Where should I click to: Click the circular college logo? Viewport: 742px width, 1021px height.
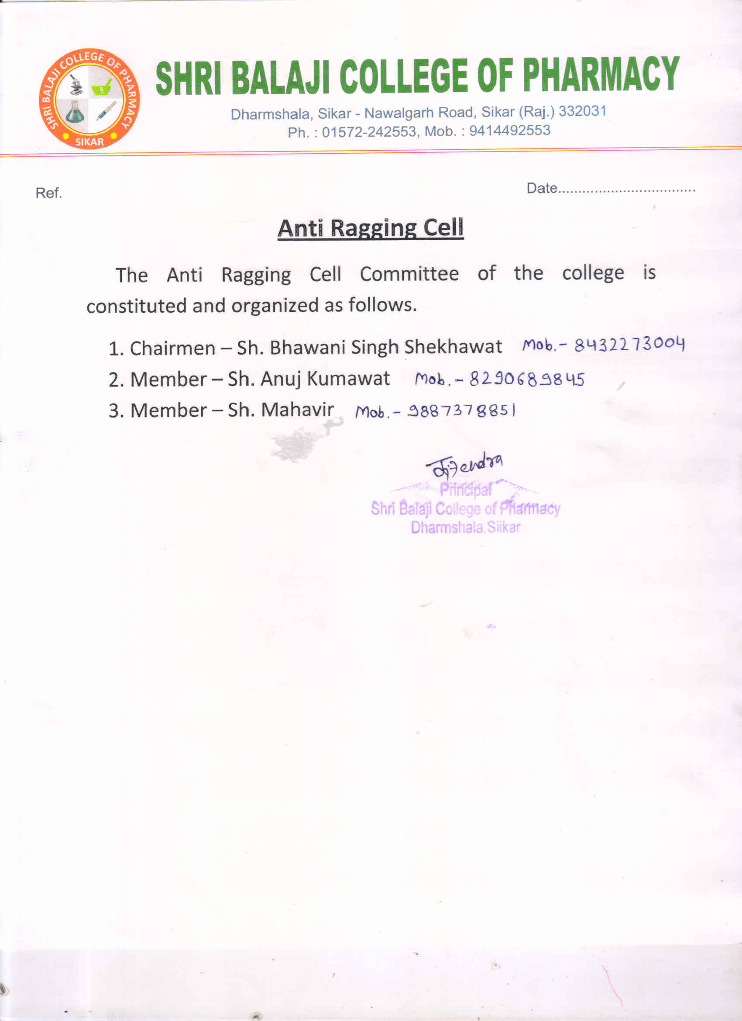pyautogui.click(x=89, y=99)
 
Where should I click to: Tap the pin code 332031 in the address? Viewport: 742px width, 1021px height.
pyautogui.click(x=582, y=111)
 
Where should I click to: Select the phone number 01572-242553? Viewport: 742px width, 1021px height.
pyautogui.click(x=369, y=131)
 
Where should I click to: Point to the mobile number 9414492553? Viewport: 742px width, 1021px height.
pyautogui.click(x=509, y=130)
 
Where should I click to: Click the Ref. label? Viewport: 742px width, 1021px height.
pyautogui.click(x=48, y=193)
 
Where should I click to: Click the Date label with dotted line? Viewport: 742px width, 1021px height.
pyautogui.click(x=611, y=188)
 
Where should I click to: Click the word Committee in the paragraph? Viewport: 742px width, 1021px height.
pyautogui.click(x=409, y=274)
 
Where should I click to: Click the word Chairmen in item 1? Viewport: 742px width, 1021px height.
pyautogui.click(x=172, y=348)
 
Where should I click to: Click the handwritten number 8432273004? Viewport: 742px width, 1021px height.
pyautogui.click(x=629, y=345)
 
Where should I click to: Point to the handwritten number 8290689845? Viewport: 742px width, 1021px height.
pyautogui.click(x=527, y=379)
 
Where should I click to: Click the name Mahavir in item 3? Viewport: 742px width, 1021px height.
pyautogui.click(x=297, y=410)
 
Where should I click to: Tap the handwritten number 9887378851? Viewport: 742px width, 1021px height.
pyautogui.click(x=461, y=410)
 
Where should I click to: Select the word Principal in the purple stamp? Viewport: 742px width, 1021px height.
pyautogui.click(x=465, y=490)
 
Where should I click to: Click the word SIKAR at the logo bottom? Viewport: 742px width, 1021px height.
pyautogui.click(x=89, y=142)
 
